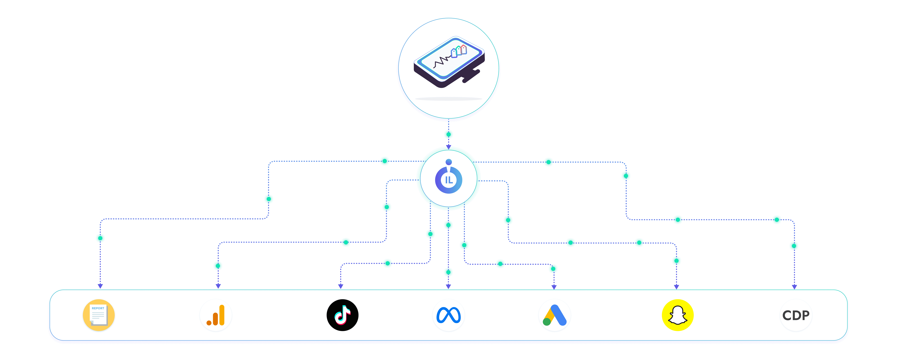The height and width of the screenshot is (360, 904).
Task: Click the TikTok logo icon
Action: (342, 315)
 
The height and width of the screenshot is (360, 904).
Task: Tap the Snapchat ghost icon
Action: (677, 315)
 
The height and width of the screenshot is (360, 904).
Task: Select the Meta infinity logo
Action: (449, 315)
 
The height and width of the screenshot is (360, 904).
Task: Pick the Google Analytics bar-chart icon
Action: (215, 315)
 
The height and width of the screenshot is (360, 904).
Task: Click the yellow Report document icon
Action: (99, 315)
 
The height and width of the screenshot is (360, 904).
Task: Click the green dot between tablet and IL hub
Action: (449, 134)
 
